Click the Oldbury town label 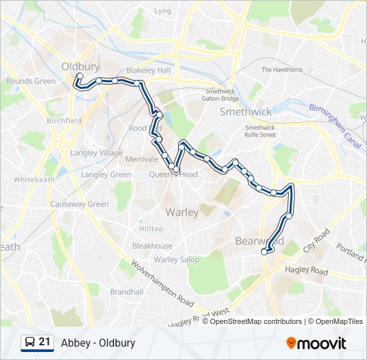pyautogui.click(x=80, y=67)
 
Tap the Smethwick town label pyautogui.click(x=246, y=112)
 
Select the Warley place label pyautogui.click(x=181, y=213)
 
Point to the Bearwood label pyautogui.click(x=259, y=241)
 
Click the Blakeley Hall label pyautogui.click(x=149, y=71)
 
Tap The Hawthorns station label pyautogui.click(x=282, y=69)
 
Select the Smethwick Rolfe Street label pyautogui.click(x=260, y=131)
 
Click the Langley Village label pyautogui.click(x=101, y=153)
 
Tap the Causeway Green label pyautogui.click(x=79, y=204)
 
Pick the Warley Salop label pyautogui.click(x=176, y=259)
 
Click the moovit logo pyautogui.click(x=316, y=343)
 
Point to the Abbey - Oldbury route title pyautogui.click(x=97, y=343)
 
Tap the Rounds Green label pyautogui.click(x=31, y=81)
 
